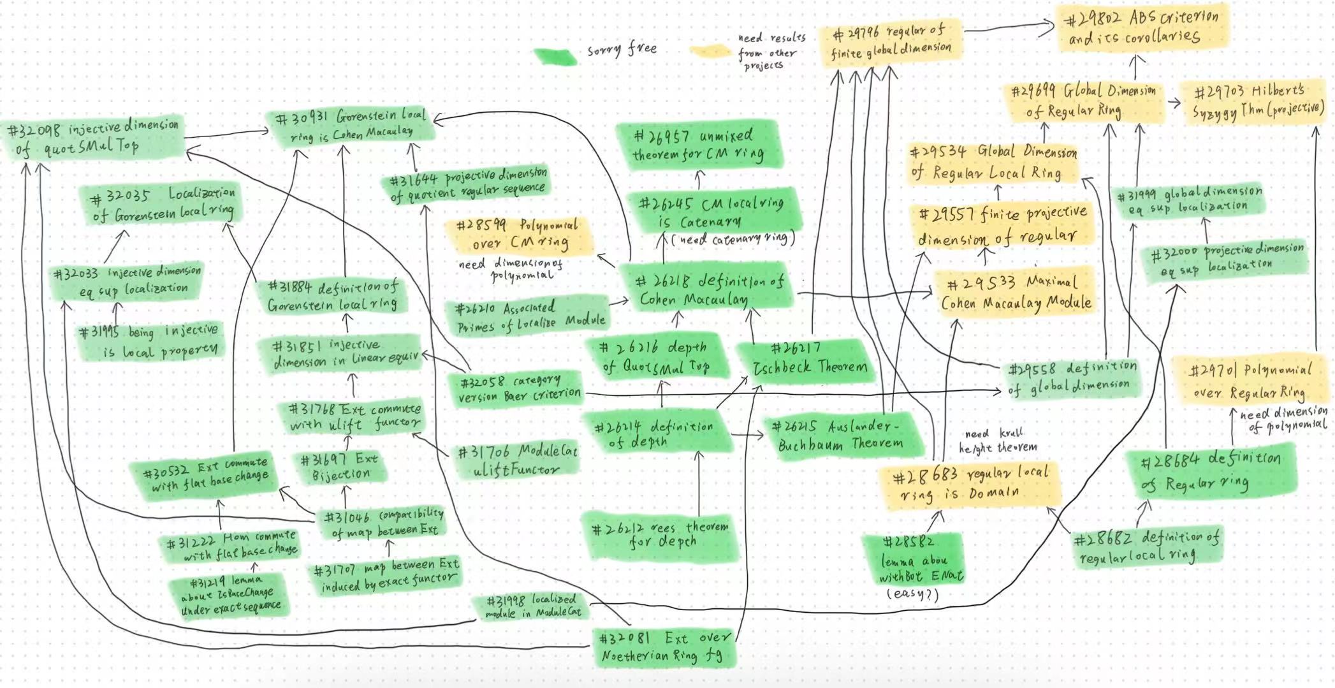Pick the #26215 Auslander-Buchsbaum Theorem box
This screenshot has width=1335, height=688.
click(840, 435)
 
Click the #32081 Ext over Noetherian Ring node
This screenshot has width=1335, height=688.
click(663, 647)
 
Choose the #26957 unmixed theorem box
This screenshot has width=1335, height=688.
click(698, 145)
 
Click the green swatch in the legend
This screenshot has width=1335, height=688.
click(556, 55)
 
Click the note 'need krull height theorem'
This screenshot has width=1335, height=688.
click(997, 440)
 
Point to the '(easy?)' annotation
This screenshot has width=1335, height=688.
click(912, 594)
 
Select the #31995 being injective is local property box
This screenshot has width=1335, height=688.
click(150, 342)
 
